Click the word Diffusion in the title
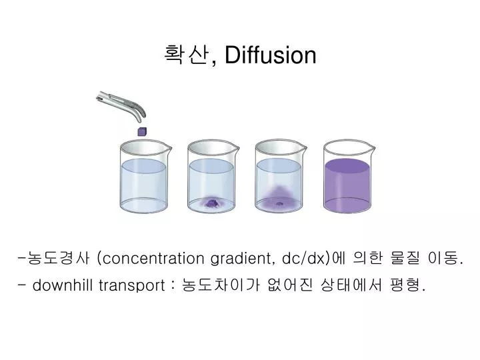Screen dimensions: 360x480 point(270,55)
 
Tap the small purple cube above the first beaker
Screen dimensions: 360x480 point(141,131)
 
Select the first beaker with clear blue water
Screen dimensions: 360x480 point(144,179)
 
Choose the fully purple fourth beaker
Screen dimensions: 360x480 point(347,179)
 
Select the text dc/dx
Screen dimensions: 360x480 point(306,259)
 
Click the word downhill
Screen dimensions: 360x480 point(63,285)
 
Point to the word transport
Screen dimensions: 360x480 point(132,285)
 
